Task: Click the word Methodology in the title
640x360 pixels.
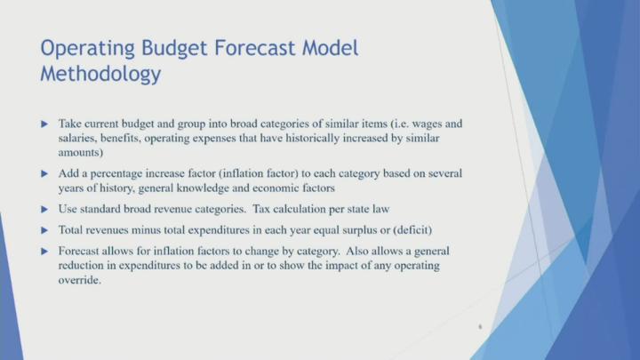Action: [x=100, y=74]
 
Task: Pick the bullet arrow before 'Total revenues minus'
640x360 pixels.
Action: [x=46, y=231]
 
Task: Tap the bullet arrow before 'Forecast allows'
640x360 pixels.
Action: [x=46, y=252]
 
